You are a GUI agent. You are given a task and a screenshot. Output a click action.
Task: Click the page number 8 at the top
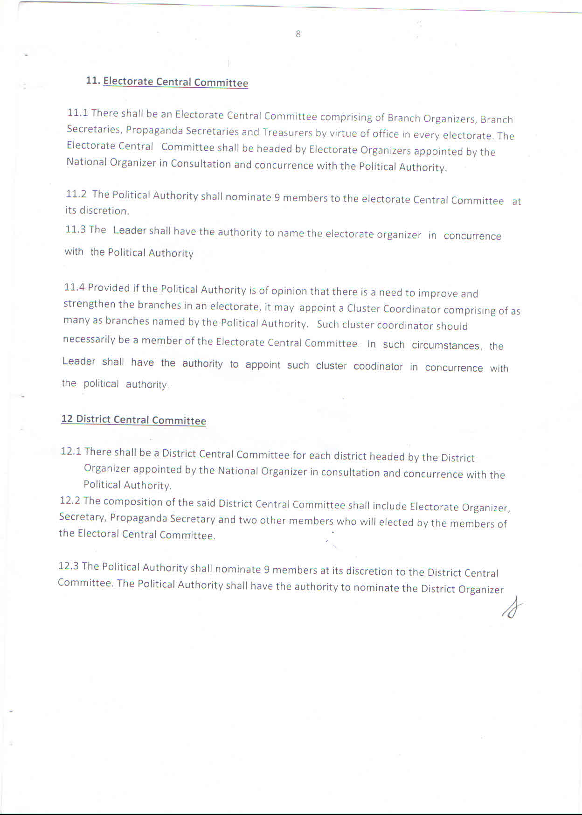pos(298,34)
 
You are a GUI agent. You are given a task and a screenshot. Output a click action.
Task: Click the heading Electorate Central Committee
pos(175,82)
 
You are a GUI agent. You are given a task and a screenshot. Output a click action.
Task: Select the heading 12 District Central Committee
pos(133,419)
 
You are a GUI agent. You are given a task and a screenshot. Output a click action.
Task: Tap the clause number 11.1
pos(78,112)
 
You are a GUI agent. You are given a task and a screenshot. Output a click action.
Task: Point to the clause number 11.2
pos(76,194)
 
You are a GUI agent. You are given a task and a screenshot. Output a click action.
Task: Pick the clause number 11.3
pos(75,229)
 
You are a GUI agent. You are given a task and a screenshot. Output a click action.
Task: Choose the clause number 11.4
pos(74,287)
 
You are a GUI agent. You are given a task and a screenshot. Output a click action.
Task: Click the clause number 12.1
pos(71,451)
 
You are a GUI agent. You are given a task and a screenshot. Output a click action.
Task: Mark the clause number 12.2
pos(70,501)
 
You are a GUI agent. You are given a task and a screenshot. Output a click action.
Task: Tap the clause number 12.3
pos(69,566)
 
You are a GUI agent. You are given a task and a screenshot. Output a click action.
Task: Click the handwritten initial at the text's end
pos(512,608)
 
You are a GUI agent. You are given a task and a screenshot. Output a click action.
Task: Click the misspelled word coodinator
pos(378,367)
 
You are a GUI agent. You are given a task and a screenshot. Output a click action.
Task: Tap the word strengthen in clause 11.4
pos(90,304)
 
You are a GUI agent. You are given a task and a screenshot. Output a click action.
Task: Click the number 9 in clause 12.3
pos(267,570)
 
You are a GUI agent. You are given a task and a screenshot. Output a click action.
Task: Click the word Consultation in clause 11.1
pos(201,164)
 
